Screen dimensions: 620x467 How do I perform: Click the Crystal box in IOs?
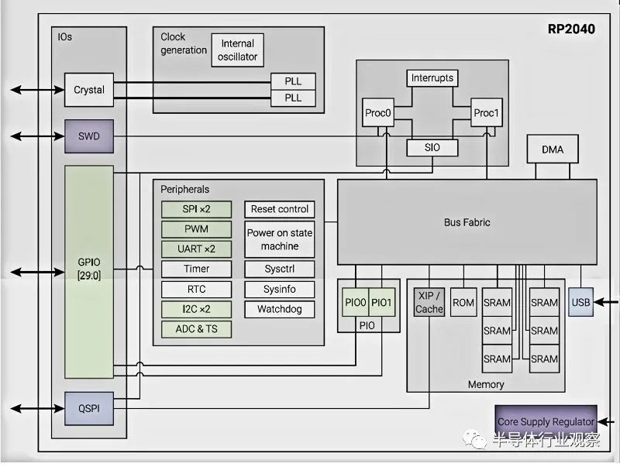[89, 90]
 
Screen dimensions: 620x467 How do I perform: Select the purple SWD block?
[89, 136]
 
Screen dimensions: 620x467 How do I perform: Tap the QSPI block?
[89, 408]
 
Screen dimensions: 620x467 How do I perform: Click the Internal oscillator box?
[238, 50]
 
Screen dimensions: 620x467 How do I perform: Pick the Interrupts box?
[432, 77]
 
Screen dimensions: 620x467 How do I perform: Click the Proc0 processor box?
[378, 112]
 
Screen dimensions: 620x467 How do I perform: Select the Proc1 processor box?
[487, 112]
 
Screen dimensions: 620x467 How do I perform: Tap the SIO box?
[432, 147]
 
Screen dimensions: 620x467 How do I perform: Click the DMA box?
[553, 149]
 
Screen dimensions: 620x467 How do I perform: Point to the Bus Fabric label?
[467, 222]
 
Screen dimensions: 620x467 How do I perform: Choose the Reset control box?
[280, 209]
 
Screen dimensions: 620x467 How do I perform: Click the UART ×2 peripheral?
[197, 249]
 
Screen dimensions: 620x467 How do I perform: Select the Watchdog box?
[280, 309]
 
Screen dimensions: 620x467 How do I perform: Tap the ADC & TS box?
[197, 328]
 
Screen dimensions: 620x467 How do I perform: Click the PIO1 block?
[381, 302]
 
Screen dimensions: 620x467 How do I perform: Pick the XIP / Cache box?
[429, 302]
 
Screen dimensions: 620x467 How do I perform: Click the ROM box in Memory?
[463, 302]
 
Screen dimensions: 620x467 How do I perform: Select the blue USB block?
[580, 302]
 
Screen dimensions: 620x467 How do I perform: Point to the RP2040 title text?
[571, 29]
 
